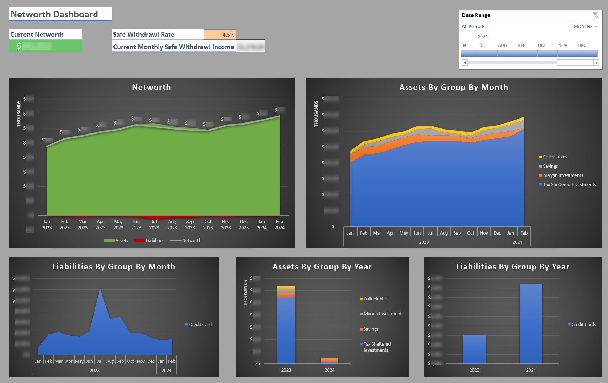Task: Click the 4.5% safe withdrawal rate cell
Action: click(220, 35)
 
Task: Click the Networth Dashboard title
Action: click(54, 14)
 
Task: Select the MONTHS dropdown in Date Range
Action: click(585, 27)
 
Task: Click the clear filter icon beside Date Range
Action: click(596, 15)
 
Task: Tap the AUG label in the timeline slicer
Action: click(502, 46)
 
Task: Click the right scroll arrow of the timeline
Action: click(597, 63)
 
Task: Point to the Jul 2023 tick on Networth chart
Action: click(154, 225)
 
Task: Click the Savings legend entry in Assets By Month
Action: click(550, 166)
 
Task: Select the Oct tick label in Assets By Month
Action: click(470, 233)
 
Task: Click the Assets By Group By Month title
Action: click(453, 87)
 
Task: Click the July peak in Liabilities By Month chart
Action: click(100, 290)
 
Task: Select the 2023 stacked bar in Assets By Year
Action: click(286, 327)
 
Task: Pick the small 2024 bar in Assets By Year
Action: click(329, 361)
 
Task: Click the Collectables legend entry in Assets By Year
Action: click(375, 299)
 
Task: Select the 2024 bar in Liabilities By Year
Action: click(531, 324)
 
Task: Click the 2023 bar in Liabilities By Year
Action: click(474, 349)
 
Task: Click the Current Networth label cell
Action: click(45, 35)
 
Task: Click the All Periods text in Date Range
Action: click(473, 27)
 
